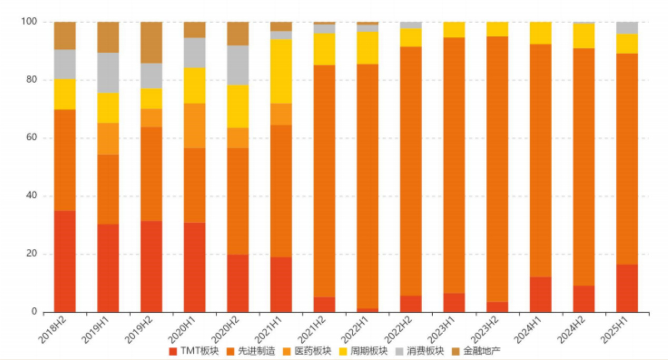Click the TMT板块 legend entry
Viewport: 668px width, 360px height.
click(x=193, y=351)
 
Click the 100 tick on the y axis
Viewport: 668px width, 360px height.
click(x=29, y=22)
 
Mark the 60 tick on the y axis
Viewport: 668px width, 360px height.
click(x=31, y=138)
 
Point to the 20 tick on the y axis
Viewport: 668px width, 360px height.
click(x=31, y=254)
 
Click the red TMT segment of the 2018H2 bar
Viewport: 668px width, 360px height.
click(x=65, y=261)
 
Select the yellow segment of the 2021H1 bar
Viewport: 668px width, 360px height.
click(x=281, y=71)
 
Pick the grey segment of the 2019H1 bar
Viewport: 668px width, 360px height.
click(x=108, y=73)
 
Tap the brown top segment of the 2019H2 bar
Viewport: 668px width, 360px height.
click(x=151, y=43)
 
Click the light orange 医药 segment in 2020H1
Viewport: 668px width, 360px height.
click(x=194, y=126)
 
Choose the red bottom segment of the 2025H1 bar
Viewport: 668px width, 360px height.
click(x=627, y=288)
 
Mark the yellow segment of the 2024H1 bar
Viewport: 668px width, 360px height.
click(x=541, y=33)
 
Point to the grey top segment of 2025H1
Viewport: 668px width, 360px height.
click(x=627, y=28)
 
